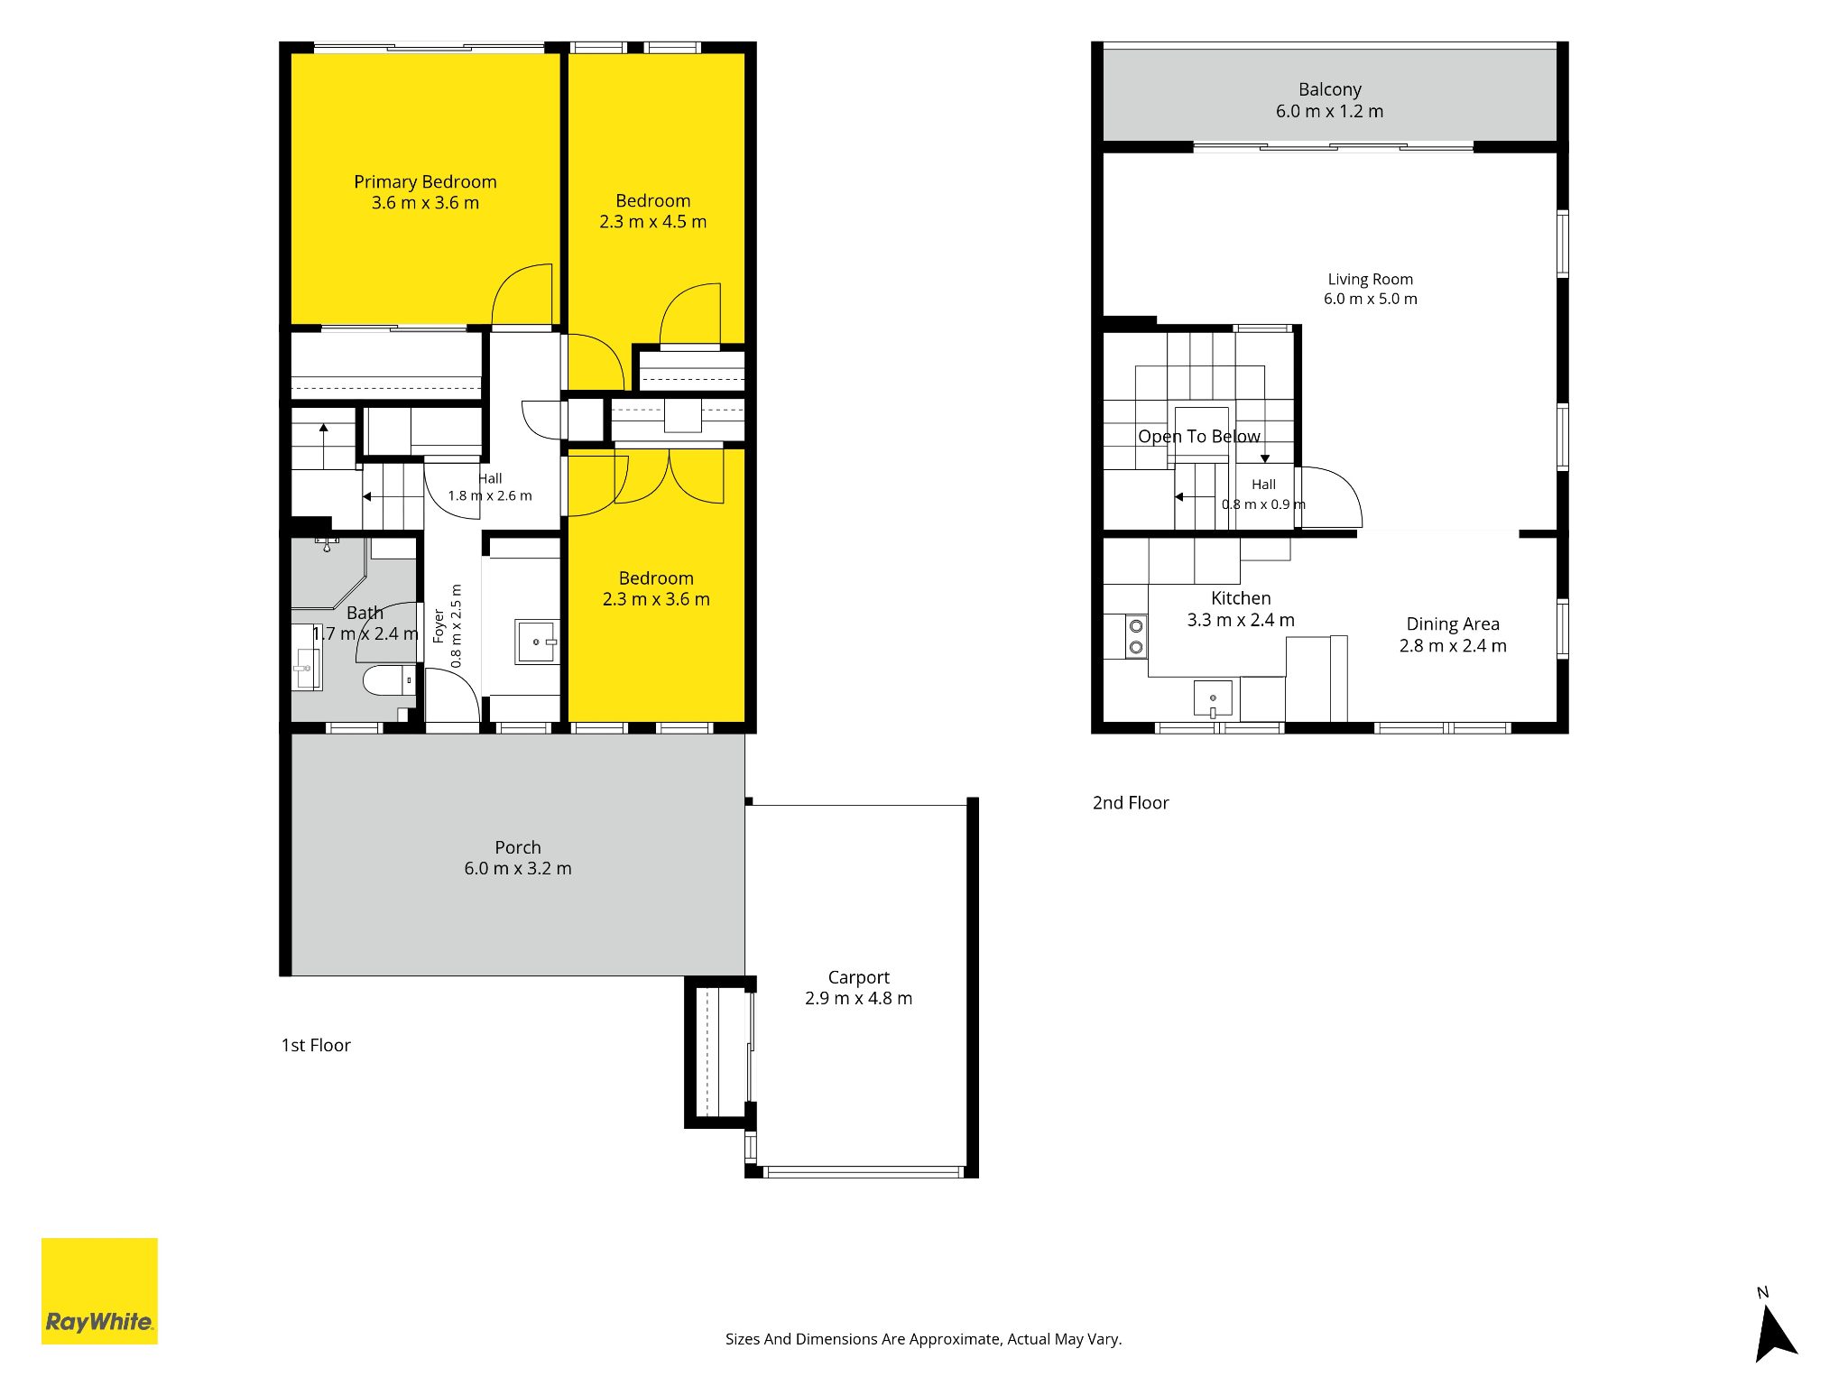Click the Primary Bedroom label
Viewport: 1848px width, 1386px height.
425,182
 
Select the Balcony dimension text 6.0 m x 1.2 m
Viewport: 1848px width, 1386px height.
1329,111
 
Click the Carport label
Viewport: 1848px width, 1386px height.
859,977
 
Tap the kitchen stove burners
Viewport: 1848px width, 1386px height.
1136,636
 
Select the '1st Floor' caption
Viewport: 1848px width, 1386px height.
316,1045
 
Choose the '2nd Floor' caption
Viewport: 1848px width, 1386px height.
1131,803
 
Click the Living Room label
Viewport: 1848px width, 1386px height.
1371,280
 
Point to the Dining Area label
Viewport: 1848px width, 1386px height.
1453,624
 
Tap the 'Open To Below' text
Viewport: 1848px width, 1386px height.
1199,437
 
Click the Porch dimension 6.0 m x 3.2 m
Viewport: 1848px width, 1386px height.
518,868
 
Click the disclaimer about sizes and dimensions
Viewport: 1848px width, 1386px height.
924,1339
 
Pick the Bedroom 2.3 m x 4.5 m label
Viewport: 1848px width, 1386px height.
653,211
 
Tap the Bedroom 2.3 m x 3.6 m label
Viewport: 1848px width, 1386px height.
656,588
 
